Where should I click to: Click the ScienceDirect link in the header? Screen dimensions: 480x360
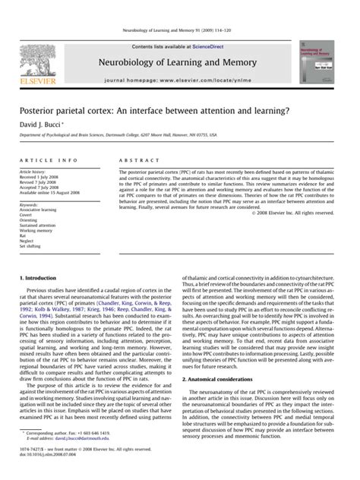click(x=216, y=46)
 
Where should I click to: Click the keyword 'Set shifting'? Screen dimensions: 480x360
click(x=32, y=246)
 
